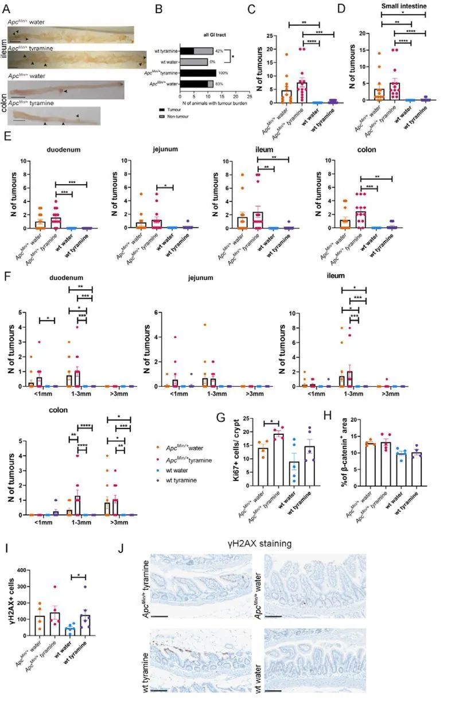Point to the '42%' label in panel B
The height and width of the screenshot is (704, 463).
pos(219,51)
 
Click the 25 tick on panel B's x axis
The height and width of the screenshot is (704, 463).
pos(249,95)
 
